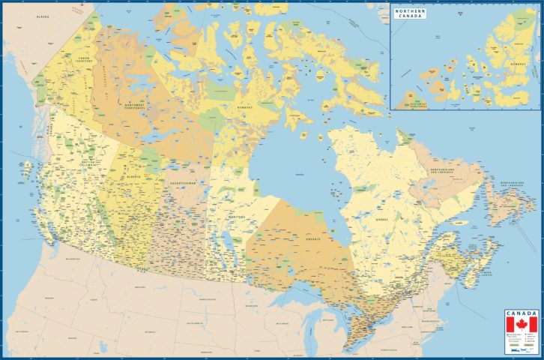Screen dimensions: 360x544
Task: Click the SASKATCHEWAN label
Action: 183,183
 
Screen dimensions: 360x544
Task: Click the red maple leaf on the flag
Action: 522,325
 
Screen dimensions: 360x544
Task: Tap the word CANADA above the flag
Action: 522,313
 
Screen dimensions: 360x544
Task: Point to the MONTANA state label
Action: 139,286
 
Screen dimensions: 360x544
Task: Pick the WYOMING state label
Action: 149,331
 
